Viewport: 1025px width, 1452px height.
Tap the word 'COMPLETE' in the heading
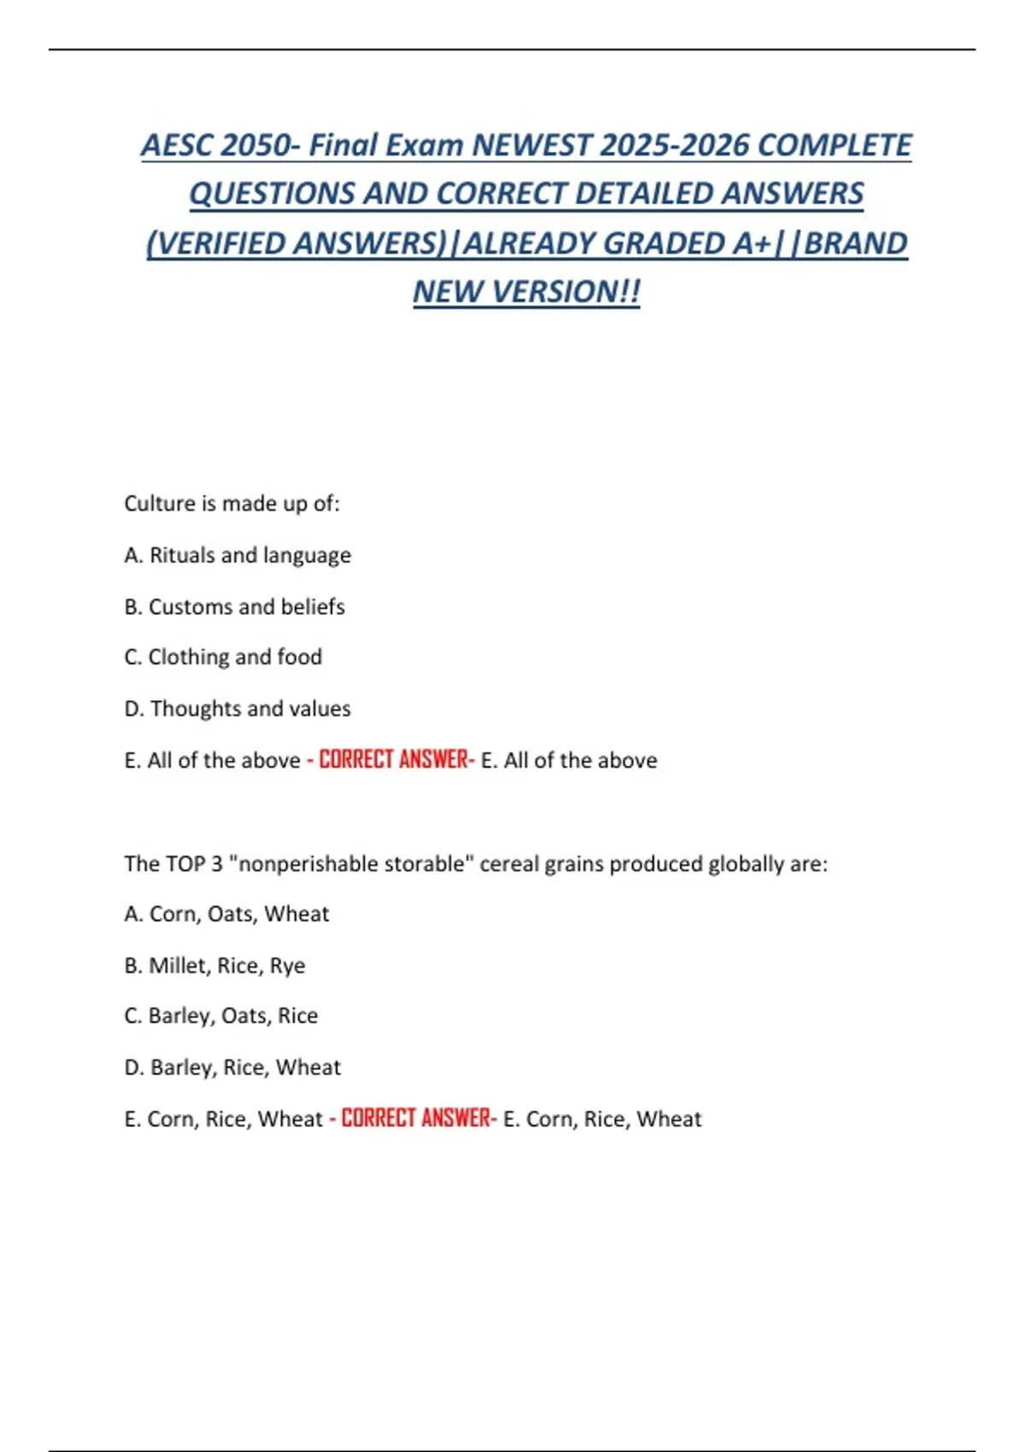pyautogui.click(x=835, y=145)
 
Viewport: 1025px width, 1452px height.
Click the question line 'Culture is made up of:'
pyautogui.click(x=231, y=504)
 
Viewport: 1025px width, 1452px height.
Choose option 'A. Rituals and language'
pyautogui.click(x=237, y=555)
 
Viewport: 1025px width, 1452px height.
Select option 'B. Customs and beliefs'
pyautogui.click(x=234, y=606)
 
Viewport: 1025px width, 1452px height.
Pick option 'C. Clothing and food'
pyautogui.click(x=223, y=657)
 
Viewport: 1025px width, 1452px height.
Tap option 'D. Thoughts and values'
pyautogui.click(x=237, y=709)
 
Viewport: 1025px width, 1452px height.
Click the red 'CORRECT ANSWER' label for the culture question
pyautogui.click(x=395, y=760)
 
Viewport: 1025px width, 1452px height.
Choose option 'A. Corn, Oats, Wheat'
pyautogui.click(x=226, y=914)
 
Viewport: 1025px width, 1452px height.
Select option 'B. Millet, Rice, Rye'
pyautogui.click(x=214, y=965)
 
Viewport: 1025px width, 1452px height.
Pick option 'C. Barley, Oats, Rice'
pyautogui.click(x=220, y=1016)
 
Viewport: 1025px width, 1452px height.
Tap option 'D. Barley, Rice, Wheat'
pyautogui.click(x=232, y=1068)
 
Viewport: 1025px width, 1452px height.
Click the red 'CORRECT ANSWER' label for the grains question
pyautogui.click(x=418, y=1119)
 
